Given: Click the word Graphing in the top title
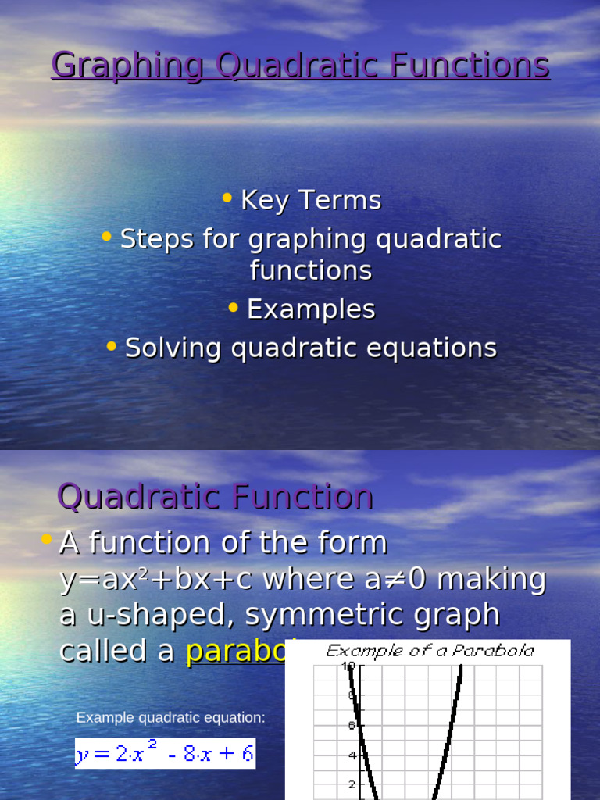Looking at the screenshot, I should [127, 66].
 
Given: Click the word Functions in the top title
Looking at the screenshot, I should [471, 66].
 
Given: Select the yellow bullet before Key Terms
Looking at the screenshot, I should [227, 198].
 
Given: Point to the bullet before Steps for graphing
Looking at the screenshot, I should [107, 237].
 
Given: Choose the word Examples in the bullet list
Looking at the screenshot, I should [311, 309].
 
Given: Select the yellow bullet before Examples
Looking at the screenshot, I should [234, 308].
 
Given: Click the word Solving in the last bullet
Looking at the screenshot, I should [173, 348].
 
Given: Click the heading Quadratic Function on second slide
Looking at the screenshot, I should [216, 497].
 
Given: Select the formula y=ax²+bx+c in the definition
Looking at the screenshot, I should [157, 580].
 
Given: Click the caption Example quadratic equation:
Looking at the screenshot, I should [170, 717].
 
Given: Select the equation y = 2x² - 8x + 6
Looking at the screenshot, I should [165, 754].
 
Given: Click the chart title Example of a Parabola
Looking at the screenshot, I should [430, 651].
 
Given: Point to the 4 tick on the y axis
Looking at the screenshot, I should [352, 755].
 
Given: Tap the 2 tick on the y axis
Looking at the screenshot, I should [352, 784].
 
